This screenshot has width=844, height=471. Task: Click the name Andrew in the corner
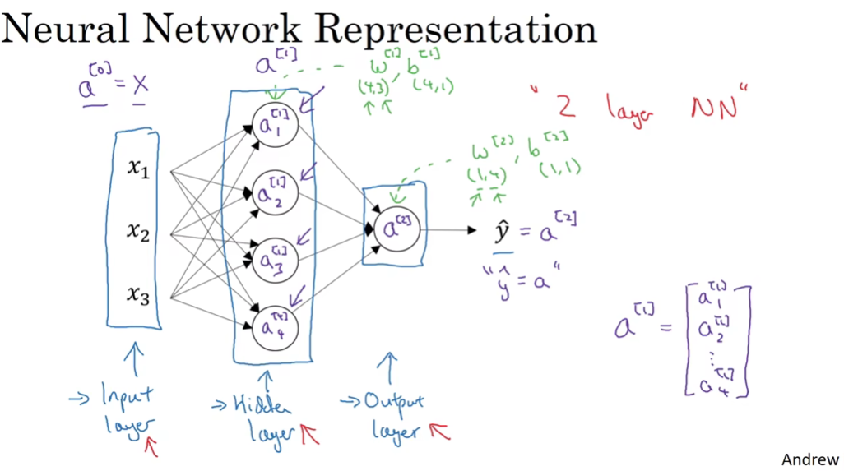point(809,459)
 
